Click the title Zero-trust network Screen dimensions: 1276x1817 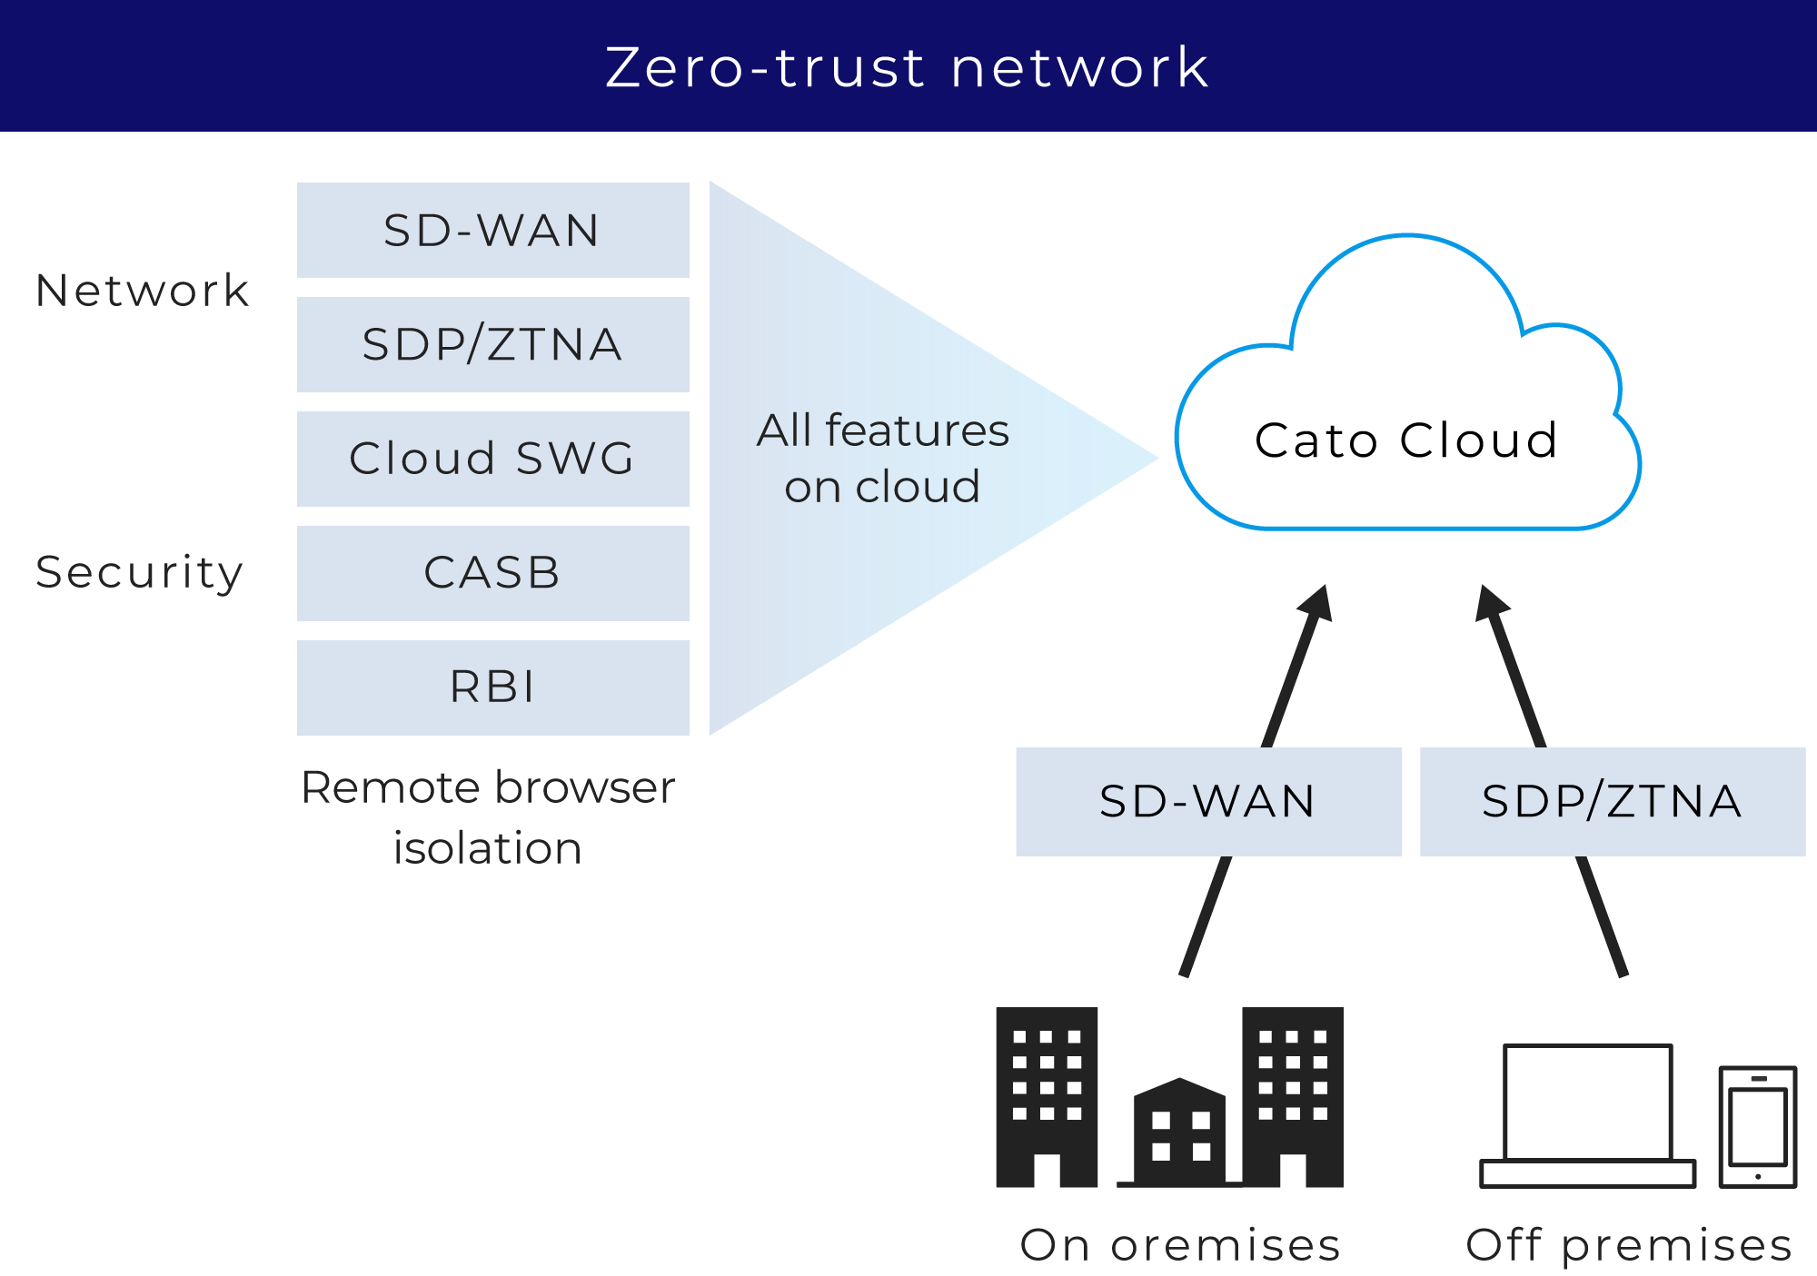click(907, 67)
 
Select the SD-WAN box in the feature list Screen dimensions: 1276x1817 click(492, 230)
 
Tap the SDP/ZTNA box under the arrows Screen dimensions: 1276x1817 click(1612, 801)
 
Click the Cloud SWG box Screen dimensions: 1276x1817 click(492, 459)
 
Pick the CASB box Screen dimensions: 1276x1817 click(492, 573)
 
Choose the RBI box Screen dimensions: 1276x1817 click(492, 687)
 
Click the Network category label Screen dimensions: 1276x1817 click(143, 291)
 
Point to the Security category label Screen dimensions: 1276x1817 click(140, 572)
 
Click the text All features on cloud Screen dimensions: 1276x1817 click(882, 458)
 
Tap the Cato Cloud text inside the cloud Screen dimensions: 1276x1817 click(1406, 440)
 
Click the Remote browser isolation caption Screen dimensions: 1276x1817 click(488, 816)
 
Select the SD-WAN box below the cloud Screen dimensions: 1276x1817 click(1208, 801)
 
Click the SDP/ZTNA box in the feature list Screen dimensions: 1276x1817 click(492, 344)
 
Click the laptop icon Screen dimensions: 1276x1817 click(1587, 1115)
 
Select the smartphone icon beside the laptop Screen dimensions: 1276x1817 click(1758, 1127)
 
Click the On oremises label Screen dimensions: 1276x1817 click(1180, 1245)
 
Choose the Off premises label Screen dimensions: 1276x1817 click(1629, 1245)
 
